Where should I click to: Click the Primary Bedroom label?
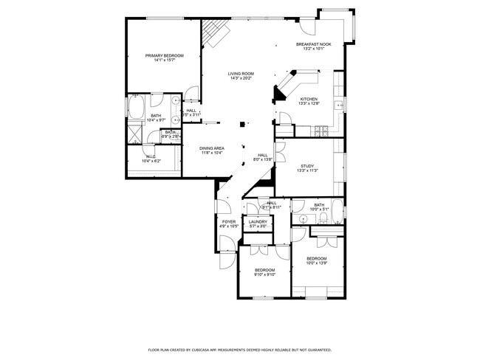[164, 55]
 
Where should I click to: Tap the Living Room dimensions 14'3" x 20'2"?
[241, 78]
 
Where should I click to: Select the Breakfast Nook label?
[314, 44]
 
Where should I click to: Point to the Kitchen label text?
[309, 99]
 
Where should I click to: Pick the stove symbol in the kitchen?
[323, 131]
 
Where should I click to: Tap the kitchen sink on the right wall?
[339, 105]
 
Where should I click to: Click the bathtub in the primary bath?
[137, 108]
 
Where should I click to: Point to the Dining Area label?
[212, 148]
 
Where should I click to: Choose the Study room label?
[306, 166]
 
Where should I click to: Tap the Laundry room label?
[258, 221]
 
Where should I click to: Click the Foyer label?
[229, 221]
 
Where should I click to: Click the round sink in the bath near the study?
[304, 219]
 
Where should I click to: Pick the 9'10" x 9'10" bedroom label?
[264, 271]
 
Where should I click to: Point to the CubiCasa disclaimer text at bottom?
[239, 350]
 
